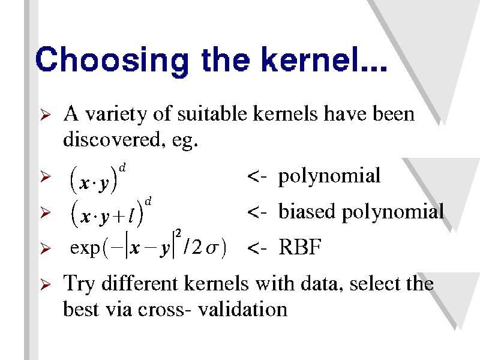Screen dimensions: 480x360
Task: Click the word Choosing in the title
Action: (x=112, y=61)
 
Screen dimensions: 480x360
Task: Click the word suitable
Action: (x=212, y=113)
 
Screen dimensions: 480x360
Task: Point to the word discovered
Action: (x=112, y=139)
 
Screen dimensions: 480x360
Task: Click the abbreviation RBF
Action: (x=299, y=247)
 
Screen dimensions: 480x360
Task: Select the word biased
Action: (x=307, y=211)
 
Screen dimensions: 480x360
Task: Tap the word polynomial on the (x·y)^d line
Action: (x=329, y=176)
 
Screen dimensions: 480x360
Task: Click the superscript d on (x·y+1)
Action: (x=148, y=202)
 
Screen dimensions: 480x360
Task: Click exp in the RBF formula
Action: (x=85, y=248)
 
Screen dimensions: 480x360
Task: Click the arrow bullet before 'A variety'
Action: (x=46, y=115)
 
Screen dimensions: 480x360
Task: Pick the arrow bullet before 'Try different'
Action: (x=46, y=284)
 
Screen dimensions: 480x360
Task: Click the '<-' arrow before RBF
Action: (x=257, y=248)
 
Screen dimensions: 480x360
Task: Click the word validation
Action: (x=242, y=308)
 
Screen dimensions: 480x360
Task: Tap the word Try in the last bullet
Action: (x=79, y=284)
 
